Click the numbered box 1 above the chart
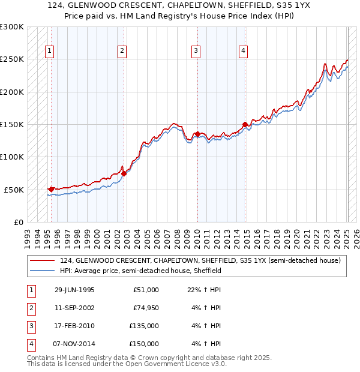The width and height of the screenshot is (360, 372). [49, 51]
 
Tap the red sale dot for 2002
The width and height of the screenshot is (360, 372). [124, 173]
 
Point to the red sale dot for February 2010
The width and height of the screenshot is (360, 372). [197, 134]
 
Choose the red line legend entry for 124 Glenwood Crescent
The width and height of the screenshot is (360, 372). [200, 260]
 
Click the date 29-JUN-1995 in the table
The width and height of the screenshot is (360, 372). [74, 290]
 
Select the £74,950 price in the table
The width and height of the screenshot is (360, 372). [146, 308]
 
